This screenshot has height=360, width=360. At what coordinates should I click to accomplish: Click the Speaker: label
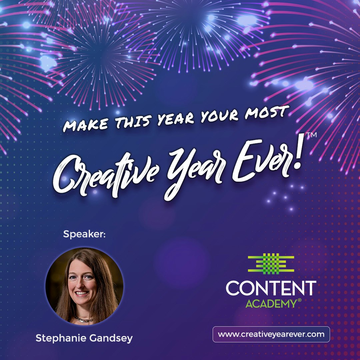tap(84, 234)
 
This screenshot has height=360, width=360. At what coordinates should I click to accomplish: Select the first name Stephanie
tap(61, 338)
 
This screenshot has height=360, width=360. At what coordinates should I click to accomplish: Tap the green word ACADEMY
tap(271, 304)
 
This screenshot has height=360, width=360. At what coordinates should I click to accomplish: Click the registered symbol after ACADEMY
tap(299, 301)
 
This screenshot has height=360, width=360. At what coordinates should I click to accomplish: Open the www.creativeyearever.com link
tap(271, 334)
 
